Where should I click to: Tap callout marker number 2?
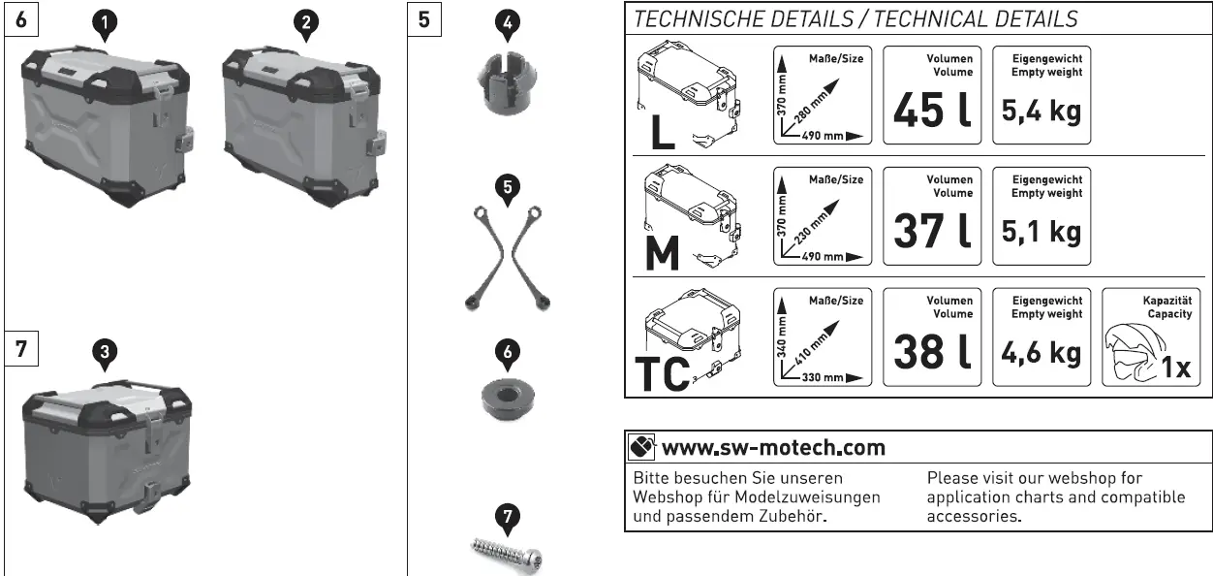(306, 23)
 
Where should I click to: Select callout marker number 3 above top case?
(106, 354)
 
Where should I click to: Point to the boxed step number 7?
(20, 349)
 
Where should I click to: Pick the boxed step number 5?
(423, 18)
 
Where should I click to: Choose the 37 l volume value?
(932, 232)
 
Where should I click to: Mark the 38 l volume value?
(932, 353)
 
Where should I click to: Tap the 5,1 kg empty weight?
(1041, 233)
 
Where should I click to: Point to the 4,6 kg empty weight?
(1041, 353)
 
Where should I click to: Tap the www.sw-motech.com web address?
(773, 448)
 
